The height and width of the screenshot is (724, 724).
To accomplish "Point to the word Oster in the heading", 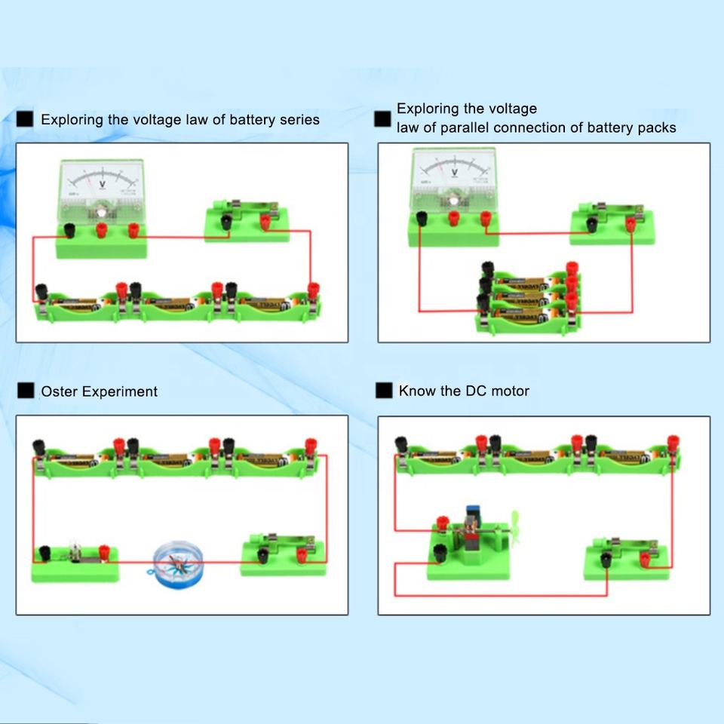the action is click(59, 391).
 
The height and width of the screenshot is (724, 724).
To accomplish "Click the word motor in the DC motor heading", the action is click(510, 391).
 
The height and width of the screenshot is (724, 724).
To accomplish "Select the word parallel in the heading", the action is click(460, 127).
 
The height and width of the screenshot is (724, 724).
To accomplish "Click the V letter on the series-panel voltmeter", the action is click(103, 183).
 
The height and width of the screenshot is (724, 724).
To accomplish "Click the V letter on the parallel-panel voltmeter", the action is click(454, 173).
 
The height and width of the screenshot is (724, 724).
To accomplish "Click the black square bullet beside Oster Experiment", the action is click(26, 391).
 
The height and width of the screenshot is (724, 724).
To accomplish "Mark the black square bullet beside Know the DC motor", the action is click(385, 391).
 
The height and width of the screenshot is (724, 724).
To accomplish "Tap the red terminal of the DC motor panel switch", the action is click(646, 559).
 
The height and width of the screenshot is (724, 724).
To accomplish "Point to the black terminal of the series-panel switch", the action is click(225, 221).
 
